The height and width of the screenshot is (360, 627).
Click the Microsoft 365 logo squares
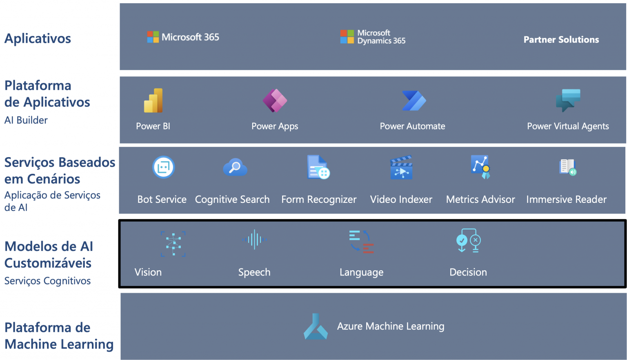(153, 37)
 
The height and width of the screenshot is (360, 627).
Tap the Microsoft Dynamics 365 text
(381, 37)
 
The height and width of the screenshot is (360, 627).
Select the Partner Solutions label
(561, 40)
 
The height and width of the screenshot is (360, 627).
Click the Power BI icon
(153, 100)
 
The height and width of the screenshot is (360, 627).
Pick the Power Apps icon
(275, 100)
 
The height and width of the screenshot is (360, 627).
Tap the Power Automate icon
(414, 100)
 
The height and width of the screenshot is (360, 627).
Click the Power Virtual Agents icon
(568, 100)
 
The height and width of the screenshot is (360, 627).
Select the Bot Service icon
(164, 167)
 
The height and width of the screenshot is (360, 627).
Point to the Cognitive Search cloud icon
(235, 167)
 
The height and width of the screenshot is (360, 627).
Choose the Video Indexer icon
(401, 168)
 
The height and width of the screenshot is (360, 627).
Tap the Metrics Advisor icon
(480, 167)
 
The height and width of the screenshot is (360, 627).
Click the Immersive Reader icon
(567, 167)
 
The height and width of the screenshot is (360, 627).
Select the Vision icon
(173, 244)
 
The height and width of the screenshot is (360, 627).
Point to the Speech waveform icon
(254, 240)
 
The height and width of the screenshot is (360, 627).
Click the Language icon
(362, 242)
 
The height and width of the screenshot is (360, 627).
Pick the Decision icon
(468, 241)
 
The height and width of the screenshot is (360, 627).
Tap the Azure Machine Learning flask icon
(316, 327)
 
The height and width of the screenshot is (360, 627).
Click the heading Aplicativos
(38, 39)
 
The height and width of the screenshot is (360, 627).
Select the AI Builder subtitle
(26, 120)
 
